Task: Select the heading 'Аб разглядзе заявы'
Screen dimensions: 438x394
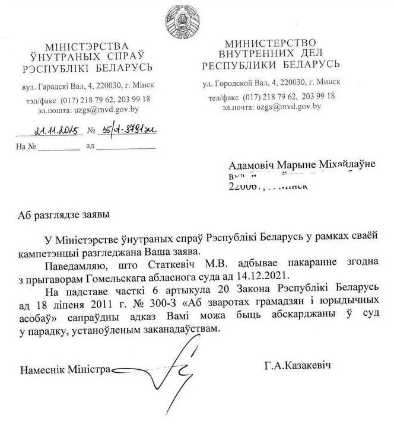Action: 63,213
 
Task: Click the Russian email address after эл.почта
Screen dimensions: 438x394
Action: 287,107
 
